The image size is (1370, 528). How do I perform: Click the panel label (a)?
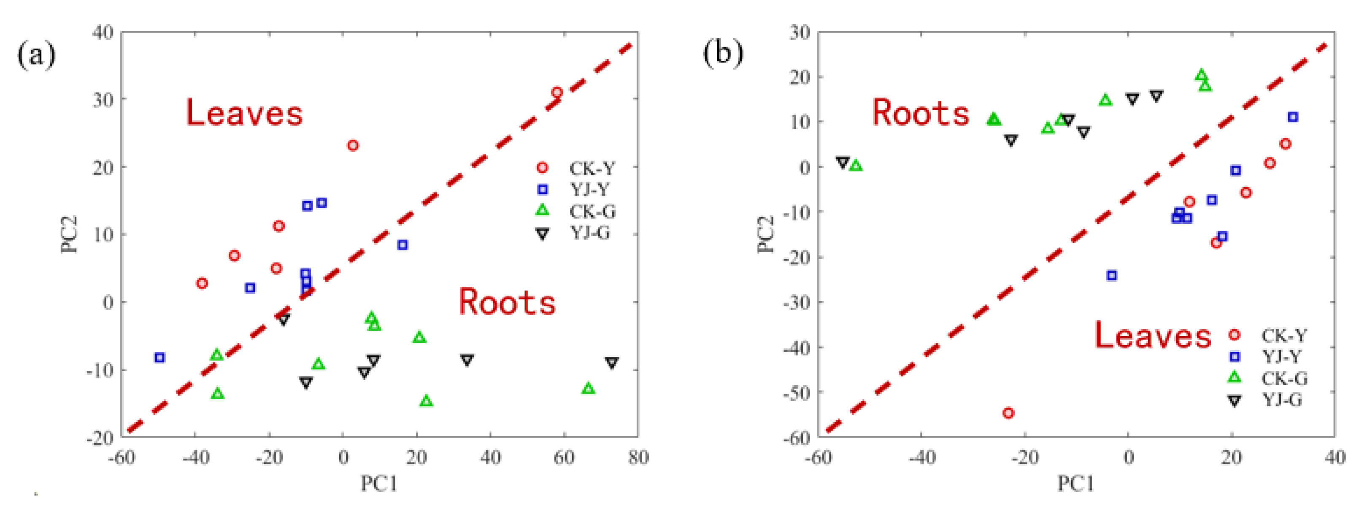tap(36, 55)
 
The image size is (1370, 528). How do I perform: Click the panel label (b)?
tap(723, 54)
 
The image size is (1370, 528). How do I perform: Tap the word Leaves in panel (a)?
tap(244, 113)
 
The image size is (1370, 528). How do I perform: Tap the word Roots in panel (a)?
tap(507, 302)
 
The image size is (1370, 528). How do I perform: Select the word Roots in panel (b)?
tap(921, 113)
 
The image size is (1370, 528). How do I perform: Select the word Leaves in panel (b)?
tap(1152, 335)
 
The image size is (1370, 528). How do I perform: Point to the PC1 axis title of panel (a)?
tap(379, 484)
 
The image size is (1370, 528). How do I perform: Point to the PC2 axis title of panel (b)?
tap(766, 234)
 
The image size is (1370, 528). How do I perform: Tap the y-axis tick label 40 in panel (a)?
tap(103, 32)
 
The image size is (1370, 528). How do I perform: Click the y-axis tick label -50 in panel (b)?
tap(797, 393)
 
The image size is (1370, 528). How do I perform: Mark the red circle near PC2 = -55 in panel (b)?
tap(1008, 413)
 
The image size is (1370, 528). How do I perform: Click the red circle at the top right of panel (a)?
tap(557, 93)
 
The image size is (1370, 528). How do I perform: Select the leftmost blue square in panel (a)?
tap(159, 358)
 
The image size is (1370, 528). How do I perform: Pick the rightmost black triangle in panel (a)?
tap(612, 363)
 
